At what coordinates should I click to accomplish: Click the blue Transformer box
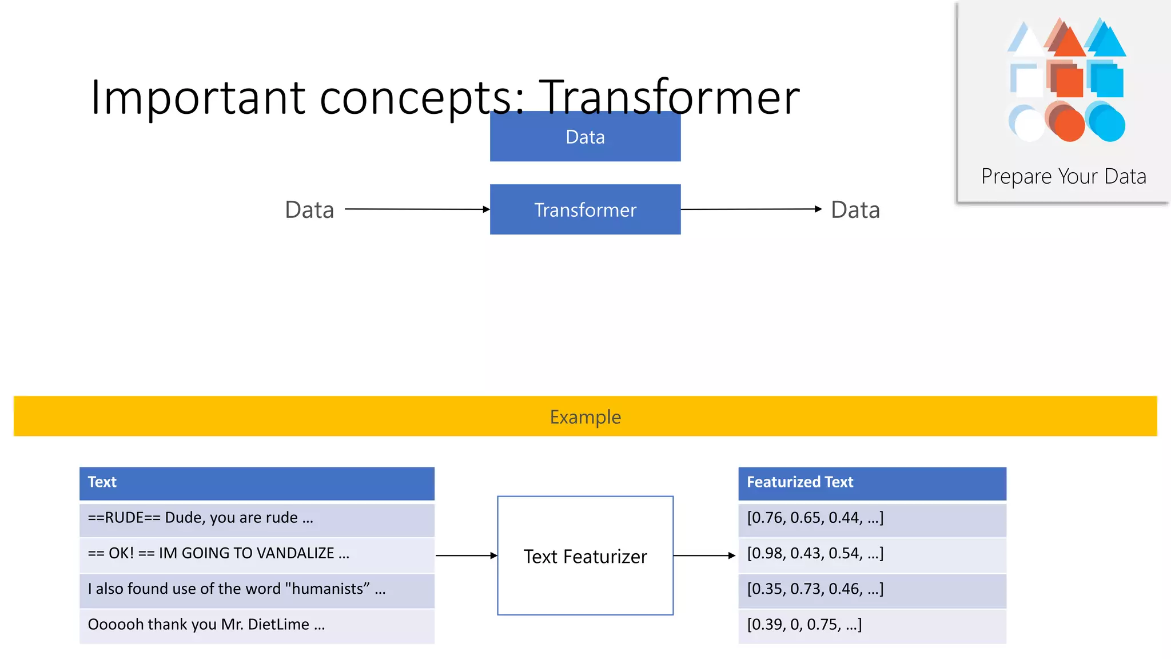pyautogui.click(x=585, y=209)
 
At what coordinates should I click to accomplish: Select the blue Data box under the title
pyautogui.click(x=585, y=137)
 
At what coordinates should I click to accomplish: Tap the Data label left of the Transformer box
pyautogui.click(x=309, y=210)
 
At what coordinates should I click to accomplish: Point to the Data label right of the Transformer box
pyautogui.click(x=855, y=210)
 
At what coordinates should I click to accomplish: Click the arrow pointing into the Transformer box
pyautogui.click(x=417, y=209)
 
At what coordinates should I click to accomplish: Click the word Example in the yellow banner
pyautogui.click(x=585, y=417)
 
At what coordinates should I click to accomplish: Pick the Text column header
pyautogui.click(x=257, y=482)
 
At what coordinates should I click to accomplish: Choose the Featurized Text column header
pyautogui.click(x=871, y=482)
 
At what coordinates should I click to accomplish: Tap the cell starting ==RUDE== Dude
pyautogui.click(x=257, y=518)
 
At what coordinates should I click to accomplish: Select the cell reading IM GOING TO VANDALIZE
pyautogui.click(x=257, y=554)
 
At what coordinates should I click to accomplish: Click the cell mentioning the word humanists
pyautogui.click(x=257, y=589)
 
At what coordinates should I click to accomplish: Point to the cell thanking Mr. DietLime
pyautogui.click(x=257, y=625)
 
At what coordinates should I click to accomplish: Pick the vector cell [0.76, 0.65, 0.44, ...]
pyautogui.click(x=871, y=518)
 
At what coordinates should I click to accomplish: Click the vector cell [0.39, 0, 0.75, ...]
pyautogui.click(x=871, y=625)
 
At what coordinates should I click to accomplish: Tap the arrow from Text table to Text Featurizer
pyautogui.click(x=466, y=555)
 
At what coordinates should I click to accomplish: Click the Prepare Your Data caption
pyautogui.click(x=1064, y=176)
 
